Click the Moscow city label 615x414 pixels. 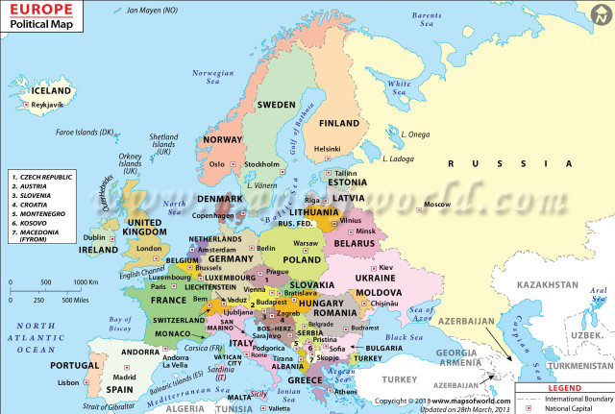[437, 205]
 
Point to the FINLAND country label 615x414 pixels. [338, 124]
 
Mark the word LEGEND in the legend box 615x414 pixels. [564, 387]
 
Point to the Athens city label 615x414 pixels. [347, 392]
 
